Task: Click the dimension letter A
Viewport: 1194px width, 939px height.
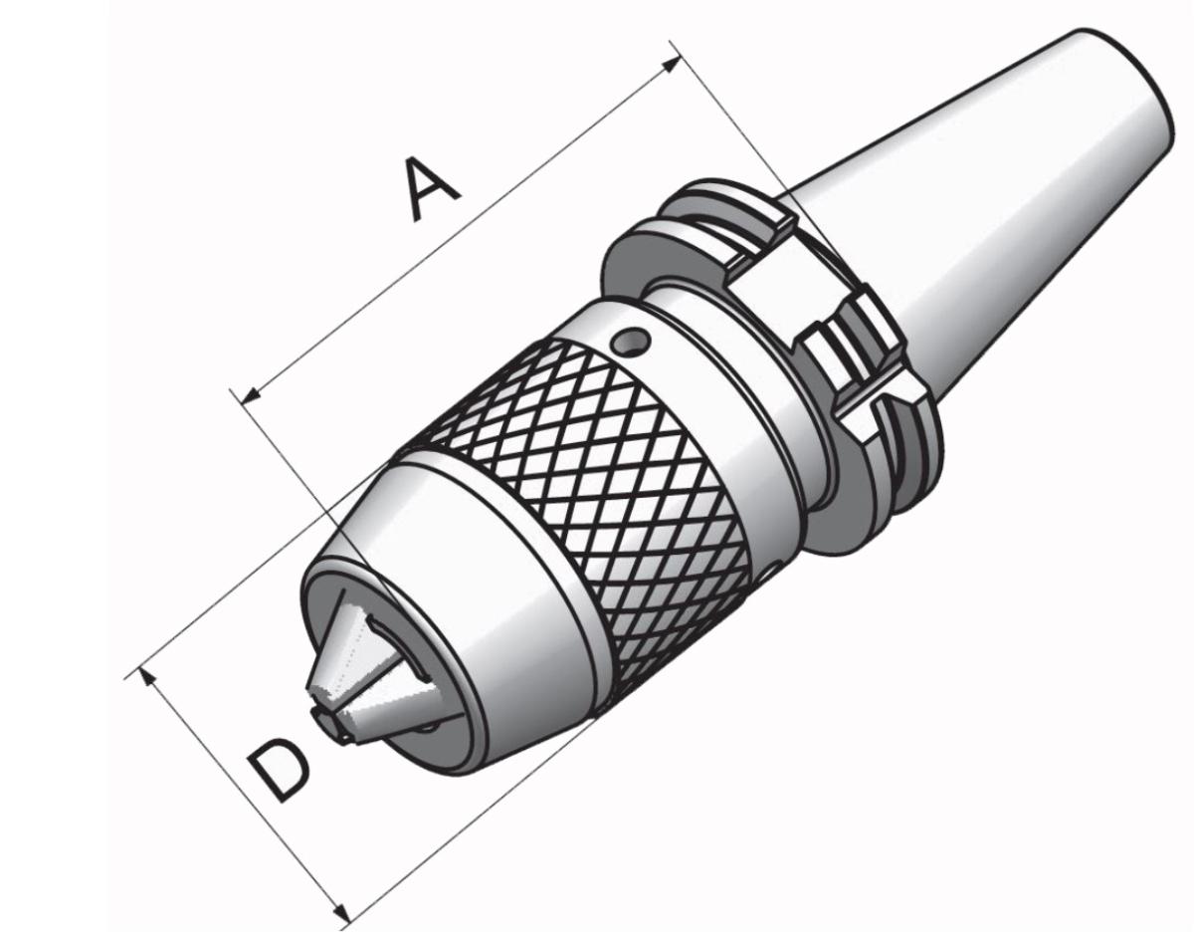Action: (x=432, y=188)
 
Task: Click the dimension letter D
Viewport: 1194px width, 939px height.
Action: (x=278, y=769)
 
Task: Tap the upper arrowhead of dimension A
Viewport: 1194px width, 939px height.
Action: (x=672, y=65)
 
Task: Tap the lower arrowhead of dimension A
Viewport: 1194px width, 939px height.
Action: (x=251, y=394)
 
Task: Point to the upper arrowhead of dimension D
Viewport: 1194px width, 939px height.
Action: (x=146, y=677)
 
